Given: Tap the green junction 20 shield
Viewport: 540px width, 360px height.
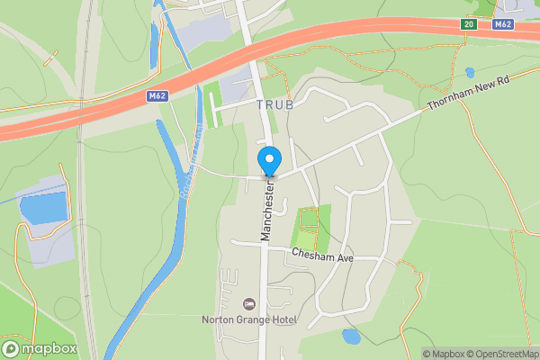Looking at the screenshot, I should point(468,24).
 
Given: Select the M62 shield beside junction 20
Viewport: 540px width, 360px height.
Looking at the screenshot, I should point(503,24).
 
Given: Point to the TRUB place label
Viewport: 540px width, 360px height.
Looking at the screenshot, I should point(275,105).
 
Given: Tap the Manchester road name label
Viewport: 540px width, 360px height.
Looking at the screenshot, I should point(267,208).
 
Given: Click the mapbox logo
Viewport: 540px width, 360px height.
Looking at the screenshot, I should point(40,349).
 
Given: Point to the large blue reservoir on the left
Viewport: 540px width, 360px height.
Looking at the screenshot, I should point(43,207).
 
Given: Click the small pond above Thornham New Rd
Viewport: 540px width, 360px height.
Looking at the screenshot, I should point(470,72).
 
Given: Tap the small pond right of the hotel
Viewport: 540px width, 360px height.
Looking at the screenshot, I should point(351,337).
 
